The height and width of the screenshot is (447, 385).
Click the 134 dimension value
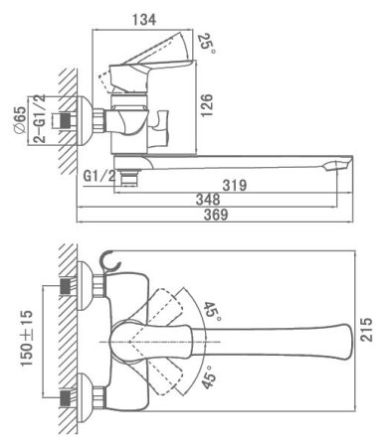[144, 20]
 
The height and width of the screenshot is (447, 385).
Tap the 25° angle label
[207, 43]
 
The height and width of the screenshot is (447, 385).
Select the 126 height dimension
[206, 105]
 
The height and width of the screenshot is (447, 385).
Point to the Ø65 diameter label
[20, 120]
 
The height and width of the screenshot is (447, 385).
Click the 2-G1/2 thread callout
[40, 118]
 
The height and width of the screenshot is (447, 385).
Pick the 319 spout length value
[235, 185]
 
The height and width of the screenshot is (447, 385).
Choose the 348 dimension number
[208, 200]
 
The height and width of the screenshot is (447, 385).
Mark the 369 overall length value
[216, 215]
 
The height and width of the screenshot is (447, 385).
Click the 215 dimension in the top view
[366, 330]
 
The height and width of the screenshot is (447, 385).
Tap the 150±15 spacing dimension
[27, 338]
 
